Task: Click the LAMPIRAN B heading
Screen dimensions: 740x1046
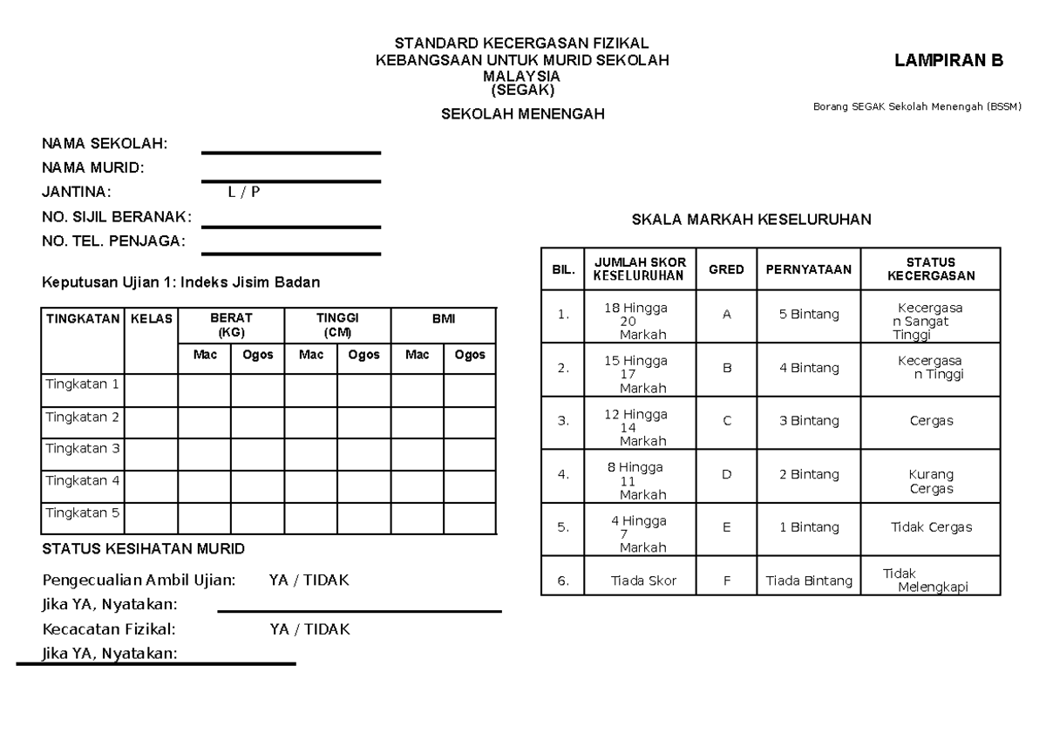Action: [x=948, y=61]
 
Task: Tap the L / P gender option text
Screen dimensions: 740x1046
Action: [x=244, y=193]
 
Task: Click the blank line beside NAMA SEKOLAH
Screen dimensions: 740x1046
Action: [x=291, y=153]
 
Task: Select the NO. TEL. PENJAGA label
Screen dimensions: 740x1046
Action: [x=114, y=241]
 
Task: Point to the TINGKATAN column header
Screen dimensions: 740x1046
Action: [x=82, y=319]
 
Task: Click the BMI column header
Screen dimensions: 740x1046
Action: [x=444, y=319]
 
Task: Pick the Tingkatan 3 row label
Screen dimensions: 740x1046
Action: [x=82, y=449]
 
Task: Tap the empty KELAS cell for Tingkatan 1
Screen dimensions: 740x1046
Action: [x=152, y=390]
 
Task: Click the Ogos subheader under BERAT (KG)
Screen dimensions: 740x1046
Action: [x=257, y=355]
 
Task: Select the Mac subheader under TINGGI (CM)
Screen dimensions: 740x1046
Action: [x=310, y=355]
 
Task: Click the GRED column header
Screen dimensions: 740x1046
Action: [x=726, y=269]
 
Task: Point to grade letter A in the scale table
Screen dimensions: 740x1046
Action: [x=726, y=315]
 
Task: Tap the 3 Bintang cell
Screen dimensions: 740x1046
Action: [x=809, y=421]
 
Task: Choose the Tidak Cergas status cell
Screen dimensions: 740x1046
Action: [x=931, y=527]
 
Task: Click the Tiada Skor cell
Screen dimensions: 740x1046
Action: [x=643, y=580]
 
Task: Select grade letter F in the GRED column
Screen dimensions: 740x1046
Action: [x=726, y=580]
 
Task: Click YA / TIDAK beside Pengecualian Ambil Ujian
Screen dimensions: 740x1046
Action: [x=309, y=580]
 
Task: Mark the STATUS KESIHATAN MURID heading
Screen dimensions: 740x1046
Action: [x=144, y=549]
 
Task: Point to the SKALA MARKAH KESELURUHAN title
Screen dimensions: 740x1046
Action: [x=751, y=221]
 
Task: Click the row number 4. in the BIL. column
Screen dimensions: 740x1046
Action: [x=563, y=475]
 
